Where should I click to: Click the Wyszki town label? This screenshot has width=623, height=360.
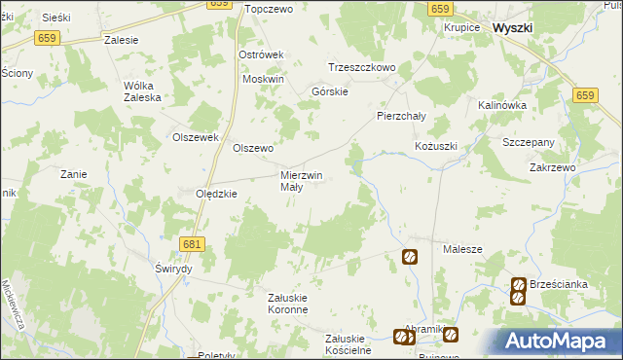click(x=512, y=28)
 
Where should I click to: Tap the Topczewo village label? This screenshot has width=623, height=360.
click(x=270, y=9)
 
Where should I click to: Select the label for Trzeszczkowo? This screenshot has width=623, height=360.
click(x=361, y=68)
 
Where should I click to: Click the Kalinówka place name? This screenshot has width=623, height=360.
click(x=502, y=105)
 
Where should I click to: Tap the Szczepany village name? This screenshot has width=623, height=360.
click(x=529, y=142)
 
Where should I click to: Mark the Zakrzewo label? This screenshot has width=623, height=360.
click(x=554, y=167)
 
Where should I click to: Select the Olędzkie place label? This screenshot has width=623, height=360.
click(x=217, y=194)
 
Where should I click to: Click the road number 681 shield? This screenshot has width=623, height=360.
click(x=193, y=244)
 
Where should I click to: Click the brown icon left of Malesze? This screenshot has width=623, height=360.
click(x=410, y=257)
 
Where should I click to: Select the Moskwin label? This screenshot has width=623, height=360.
click(x=263, y=79)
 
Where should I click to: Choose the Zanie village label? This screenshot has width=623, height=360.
click(x=74, y=174)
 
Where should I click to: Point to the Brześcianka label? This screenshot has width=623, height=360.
click(x=559, y=284)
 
